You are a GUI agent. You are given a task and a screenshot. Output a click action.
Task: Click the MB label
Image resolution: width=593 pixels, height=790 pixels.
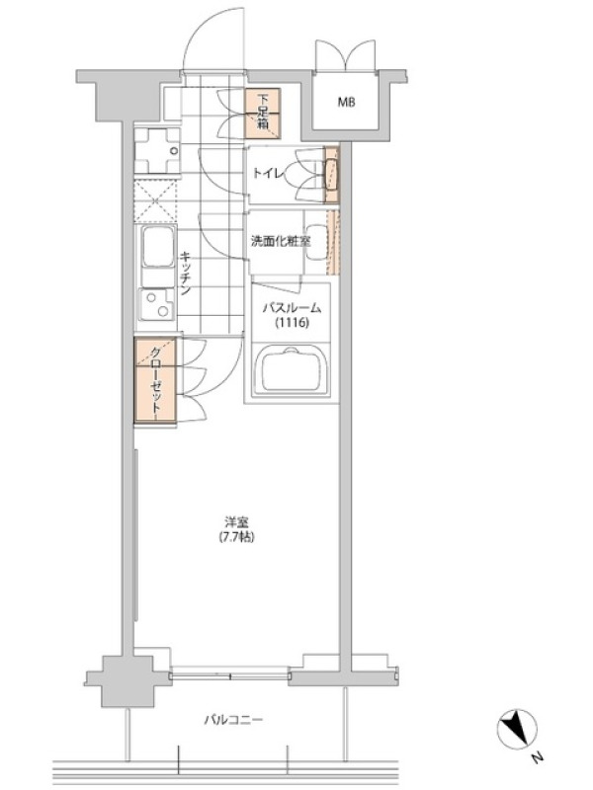tap(346, 103)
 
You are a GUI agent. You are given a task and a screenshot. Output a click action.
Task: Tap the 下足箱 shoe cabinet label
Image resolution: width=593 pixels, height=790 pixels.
tap(263, 111)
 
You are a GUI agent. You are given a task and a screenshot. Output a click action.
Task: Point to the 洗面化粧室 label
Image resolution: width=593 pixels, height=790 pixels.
tap(281, 241)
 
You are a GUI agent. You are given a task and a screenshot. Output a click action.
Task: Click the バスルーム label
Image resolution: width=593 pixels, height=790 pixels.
tap(292, 308)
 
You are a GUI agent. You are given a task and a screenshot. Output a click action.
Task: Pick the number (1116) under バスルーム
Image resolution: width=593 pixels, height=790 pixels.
tap(292, 323)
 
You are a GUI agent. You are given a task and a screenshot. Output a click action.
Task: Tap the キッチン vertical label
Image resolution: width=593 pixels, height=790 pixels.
tap(185, 274)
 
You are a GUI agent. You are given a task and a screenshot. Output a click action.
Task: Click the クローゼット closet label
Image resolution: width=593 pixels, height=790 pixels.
tap(156, 381)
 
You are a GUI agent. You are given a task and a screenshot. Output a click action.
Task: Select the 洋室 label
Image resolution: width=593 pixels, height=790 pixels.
tap(236, 523)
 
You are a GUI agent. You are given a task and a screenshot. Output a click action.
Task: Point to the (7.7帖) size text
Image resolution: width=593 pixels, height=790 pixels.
tap(236, 537)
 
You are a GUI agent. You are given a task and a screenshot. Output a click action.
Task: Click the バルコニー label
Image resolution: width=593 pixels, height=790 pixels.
tap(233, 720)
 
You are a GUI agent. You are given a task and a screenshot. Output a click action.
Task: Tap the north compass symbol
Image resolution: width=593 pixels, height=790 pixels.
tap(517, 728)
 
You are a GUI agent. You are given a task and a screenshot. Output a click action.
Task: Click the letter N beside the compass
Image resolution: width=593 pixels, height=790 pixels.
tap(539, 756)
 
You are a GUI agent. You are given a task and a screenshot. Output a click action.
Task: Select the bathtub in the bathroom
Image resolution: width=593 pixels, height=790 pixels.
tap(291, 369)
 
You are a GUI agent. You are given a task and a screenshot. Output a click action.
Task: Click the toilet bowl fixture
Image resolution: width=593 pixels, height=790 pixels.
tap(331, 175)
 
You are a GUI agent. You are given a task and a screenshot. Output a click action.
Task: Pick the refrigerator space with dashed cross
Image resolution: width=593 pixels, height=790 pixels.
tap(155, 201)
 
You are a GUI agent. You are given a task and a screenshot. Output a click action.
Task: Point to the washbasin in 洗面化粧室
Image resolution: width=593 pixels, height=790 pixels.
tap(317, 242)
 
